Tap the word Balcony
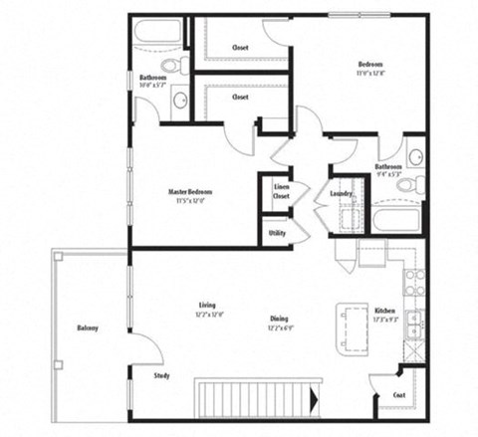point(88,328)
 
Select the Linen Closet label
point(280,191)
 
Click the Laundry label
point(342,193)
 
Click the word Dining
point(279,319)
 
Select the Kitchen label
point(385,311)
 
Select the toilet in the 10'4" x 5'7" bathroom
point(171,66)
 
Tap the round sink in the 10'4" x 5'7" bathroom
point(180,100)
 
